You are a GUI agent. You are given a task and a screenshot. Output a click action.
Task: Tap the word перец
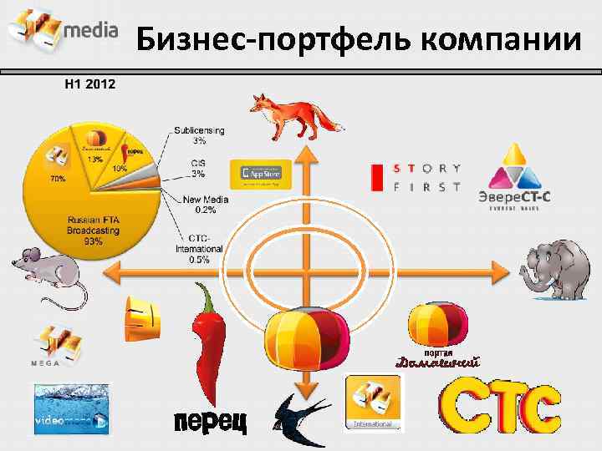(x=210, y=422)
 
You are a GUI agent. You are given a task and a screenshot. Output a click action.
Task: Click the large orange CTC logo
(x=500, y=408)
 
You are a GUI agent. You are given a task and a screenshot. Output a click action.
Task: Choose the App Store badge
(x=261, y=174)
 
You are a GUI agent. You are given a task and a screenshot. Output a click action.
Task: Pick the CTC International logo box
(x=373, y=402)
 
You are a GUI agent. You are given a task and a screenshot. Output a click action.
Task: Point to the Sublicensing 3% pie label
(x=199, y=135)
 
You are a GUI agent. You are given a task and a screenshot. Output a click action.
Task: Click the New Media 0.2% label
(x=200, y=205)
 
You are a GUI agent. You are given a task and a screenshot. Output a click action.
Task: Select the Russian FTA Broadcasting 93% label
(x=87, y=230)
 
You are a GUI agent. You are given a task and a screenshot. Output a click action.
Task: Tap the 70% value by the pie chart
(x=58, y=179)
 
